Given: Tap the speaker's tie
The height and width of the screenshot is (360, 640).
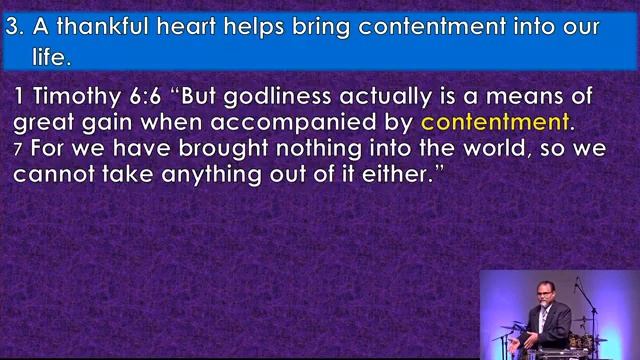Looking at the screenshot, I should coord(542,317).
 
